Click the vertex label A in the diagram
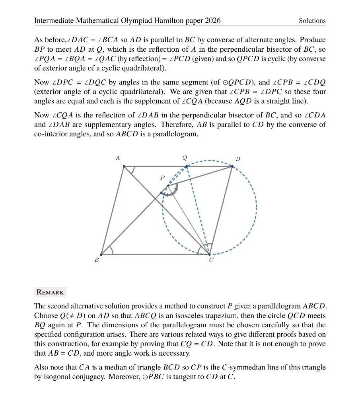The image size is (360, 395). (x=118, y=158)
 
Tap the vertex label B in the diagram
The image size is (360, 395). (x=97, y=260)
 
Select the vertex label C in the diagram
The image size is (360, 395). (x=211, y=260)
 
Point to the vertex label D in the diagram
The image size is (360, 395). (x=238, y=159)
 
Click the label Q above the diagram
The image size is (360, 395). (x=185, y=158)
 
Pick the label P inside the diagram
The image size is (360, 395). (x=162, y=178)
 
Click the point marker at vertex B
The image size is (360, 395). (x=101, y=254)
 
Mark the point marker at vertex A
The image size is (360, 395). (x=124, y=166)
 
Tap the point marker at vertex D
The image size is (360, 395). (x=232, y=166)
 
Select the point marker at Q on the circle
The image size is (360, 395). (x=186, y=166)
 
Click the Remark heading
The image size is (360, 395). (x=50, y=292)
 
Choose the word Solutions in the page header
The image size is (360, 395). (x=312, y=21)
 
